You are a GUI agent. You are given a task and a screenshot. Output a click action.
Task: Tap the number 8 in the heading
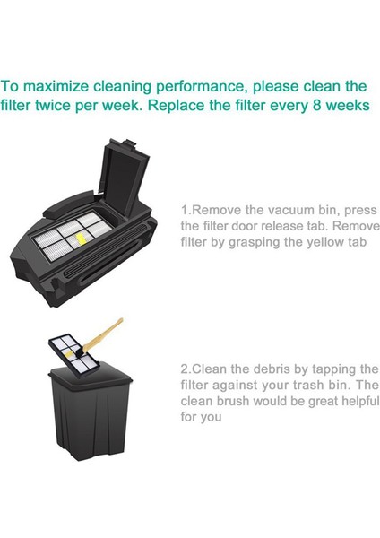coord(317,105)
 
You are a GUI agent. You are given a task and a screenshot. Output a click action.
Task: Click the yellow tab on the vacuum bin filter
coord(80,239)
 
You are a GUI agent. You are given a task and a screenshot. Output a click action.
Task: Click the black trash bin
coord(90,412)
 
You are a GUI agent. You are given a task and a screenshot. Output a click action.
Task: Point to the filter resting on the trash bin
coord(73,357)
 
